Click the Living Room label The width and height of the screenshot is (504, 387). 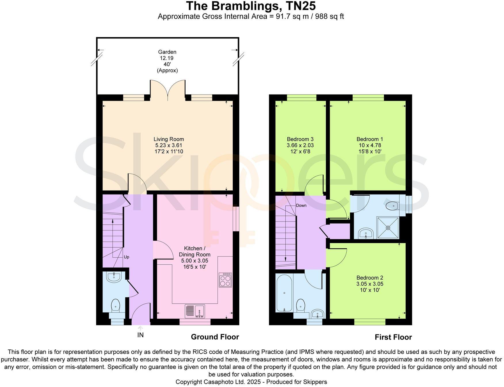169,139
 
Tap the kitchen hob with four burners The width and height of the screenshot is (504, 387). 225,280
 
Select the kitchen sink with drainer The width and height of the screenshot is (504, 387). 195,311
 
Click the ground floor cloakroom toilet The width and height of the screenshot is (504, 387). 115,305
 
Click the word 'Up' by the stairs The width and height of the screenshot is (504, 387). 126,257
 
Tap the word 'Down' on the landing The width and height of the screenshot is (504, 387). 301,205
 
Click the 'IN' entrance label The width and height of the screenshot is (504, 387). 140,335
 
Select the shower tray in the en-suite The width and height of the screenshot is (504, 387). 388,228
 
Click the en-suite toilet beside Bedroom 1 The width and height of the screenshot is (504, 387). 392,205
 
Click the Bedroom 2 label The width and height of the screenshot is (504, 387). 370,278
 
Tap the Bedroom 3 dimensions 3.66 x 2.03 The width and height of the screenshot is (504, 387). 300,145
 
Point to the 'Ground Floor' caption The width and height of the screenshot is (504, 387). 215,337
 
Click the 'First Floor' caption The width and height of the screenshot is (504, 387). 393,337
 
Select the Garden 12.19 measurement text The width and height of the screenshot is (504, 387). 167,58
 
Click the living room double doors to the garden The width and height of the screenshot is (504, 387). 167,90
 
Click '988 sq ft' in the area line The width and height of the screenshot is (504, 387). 330,16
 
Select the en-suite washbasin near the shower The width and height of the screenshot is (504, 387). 366,233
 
